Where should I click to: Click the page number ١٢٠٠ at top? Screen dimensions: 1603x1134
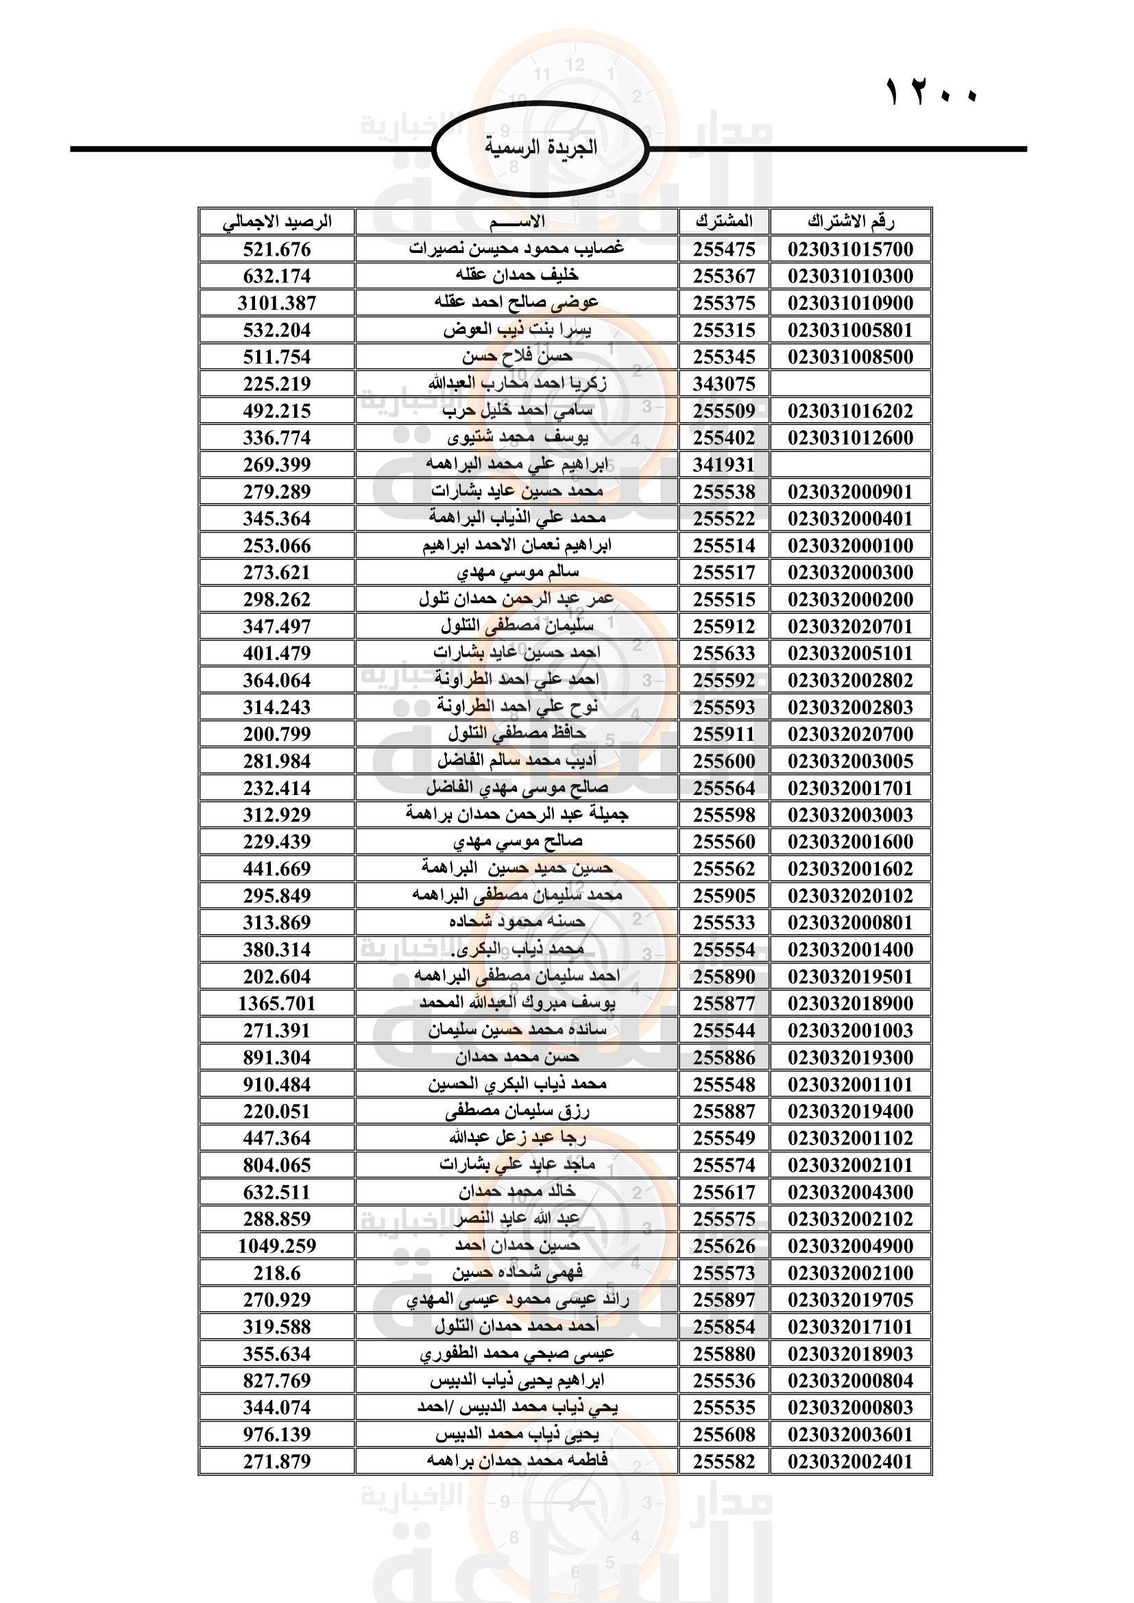pyautogui.click(x=932, y=92)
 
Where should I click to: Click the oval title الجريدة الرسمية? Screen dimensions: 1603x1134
pyautogui.click(x=540, y=147)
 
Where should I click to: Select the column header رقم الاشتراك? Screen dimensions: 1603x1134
pyautogui.click(x=850, y=222)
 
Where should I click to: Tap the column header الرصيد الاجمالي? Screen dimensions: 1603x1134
pyautogui.click(x=276, y=222)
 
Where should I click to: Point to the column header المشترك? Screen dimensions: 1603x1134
pyautogui.click(x=724, y=222)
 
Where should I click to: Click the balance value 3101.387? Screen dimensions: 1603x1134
pyautogui.click(x=276, y=303)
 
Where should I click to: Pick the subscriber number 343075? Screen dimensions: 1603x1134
pyautogui.click(x=724, y=384)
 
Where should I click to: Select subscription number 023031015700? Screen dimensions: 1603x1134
pyautogui.click(x=850, y=249)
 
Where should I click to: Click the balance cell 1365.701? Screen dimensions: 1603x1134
pyautogui.click(x=276, y=1004)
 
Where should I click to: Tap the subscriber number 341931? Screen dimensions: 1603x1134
pyautogui.click(x=724, y=465)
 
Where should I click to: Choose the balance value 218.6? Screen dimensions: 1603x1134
pyautogui.click(x=276, y=1273)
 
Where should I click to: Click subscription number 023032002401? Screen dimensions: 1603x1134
pyautogui.click(x=850, y=1462)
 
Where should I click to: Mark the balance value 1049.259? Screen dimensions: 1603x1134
pyautogui.click(x=276, y=1246)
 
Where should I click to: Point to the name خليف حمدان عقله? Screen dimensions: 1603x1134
pyautogui.click(x=517, y=276)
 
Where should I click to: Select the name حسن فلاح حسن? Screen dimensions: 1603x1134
pyautogui.click(x=517, y=357)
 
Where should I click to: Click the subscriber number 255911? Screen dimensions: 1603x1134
pyautogui.click(x=724, y=735)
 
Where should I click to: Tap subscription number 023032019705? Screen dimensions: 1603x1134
pyautogui.click(x=850, y=1300)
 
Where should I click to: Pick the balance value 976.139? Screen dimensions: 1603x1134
pyautogui.click(x=276, y=1434)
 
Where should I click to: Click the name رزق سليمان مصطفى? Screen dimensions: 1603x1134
pyautogui.click(x=517, y=1112)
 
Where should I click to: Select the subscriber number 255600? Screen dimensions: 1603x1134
pyautogui.click(x=724, y=761)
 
